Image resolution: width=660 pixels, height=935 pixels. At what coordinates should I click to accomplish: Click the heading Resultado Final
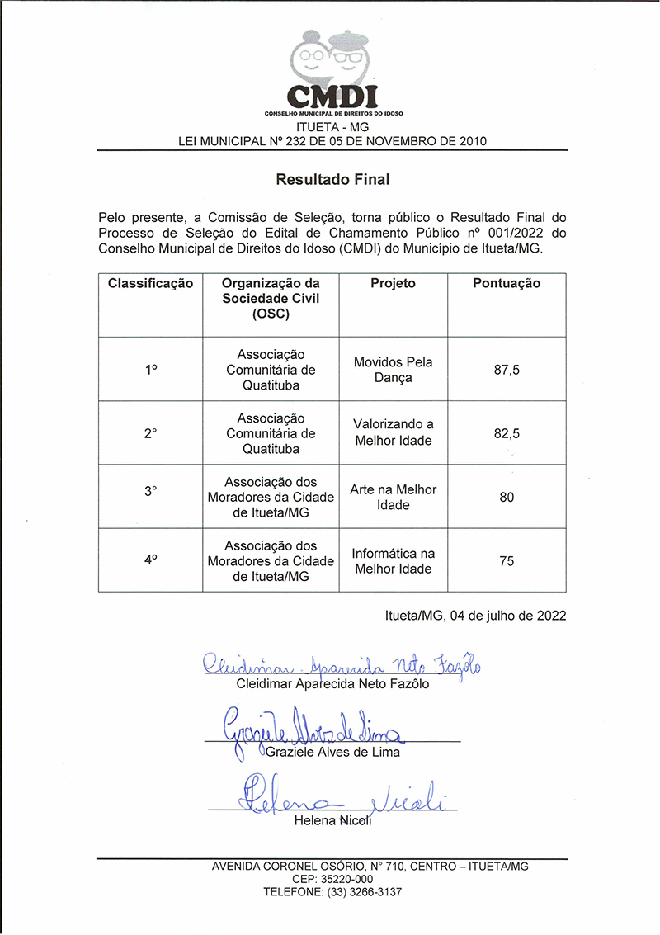pos(332,178)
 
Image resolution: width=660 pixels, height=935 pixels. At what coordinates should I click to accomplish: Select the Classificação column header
pos(150,284)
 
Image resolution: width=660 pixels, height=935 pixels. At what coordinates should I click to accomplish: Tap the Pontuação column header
pos(507,284)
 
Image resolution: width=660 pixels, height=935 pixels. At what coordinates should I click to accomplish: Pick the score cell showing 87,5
pos(507,370)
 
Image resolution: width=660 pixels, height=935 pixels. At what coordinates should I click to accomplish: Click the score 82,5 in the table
pos(507,433)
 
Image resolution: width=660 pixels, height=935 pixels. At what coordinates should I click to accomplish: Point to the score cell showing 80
pos(507,498)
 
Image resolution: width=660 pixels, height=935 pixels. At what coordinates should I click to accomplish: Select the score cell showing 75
pos(507,561)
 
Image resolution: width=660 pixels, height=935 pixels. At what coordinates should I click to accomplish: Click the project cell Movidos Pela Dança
pos(393,370)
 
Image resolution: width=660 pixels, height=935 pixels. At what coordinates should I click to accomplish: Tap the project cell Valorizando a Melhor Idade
pos(393,432)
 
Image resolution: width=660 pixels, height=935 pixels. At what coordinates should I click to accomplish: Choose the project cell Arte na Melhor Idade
pos(393,497)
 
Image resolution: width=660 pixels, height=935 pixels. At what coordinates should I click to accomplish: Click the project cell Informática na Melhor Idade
pos(393,561)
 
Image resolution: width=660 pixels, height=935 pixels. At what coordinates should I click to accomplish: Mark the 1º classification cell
pos(150,370)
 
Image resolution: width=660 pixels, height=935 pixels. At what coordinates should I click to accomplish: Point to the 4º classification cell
pos(150,560)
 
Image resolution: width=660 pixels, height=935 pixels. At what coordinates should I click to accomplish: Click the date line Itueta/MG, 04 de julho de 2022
pos(475,615)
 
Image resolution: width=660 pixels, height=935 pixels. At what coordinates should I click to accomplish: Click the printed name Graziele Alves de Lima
pos(332,752)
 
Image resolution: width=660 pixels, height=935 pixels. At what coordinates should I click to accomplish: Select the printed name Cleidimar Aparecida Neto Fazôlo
pos(332,684)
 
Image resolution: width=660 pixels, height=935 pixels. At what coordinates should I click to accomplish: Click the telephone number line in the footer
pos(332,892)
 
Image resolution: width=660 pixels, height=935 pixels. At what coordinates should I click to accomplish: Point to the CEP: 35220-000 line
pos(332,880)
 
